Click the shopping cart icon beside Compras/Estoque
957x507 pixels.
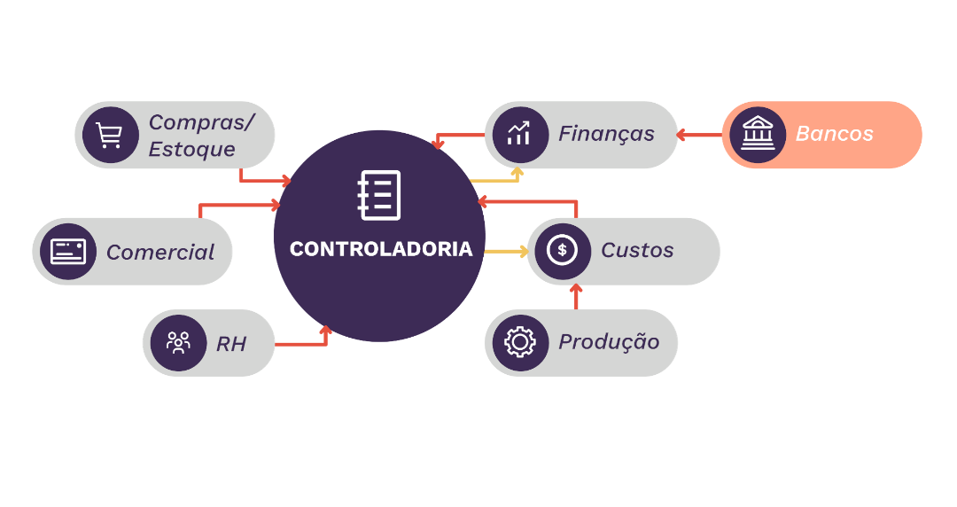pyautogui.click(x=110, y=136)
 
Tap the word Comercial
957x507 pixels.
pyautogui.click(x=160, y=253)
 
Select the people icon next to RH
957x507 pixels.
pyautogui.click(x=178, y=343)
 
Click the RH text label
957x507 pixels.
pyautogui.click(x=231, y=344)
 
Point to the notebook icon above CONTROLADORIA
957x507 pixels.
pyautogui.click(x=379, y=195)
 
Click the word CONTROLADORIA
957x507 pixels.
pyautogui.click(x=381, y=249)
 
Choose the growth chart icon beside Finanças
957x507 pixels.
pyautogui.click(x=519, y=135)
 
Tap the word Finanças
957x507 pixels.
pyautogui.click(x=606, y=134)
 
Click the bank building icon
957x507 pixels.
pyautogui.click(x=758, y=135)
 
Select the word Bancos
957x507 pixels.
pyautogui.click(x=834, y=134)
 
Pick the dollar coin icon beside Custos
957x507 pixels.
pyautogui.click(x=562, y=251)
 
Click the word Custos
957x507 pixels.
pyautogui.click(x=637, y=251)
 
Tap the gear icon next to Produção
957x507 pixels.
pyautogui.click(x=519, y=342)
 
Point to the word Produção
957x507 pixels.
pyautogui.click(x=609, y=342)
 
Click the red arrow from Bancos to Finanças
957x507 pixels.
pyautogui.click(x=700, y=136)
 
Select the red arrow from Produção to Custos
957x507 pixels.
pyautogui.click(x=575, y=297)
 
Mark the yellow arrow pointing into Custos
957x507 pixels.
pyautogui.click(x=506, y=252)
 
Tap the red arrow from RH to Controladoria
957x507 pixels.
pyautogui.click(x=306, y=342)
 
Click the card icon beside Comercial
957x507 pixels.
pyautogui.click(x=67, y=252)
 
